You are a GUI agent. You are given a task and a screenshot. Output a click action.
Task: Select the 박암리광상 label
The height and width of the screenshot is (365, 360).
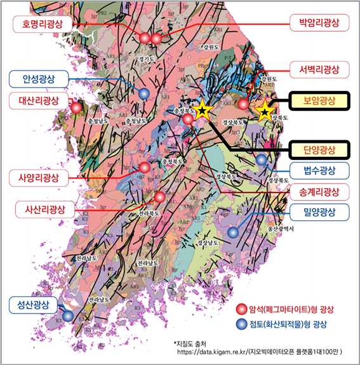coord(319,23)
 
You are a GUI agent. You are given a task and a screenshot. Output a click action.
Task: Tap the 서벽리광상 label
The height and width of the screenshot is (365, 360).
coord(319,69)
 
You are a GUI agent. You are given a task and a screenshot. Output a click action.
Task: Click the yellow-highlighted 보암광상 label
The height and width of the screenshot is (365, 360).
coord(319,100)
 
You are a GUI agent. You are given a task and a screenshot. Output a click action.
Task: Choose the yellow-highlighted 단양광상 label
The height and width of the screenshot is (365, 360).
coord(319,150)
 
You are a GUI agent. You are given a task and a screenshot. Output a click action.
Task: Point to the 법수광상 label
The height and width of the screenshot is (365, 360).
coord(319,170)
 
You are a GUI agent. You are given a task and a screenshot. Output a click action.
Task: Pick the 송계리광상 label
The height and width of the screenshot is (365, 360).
coord(319,191)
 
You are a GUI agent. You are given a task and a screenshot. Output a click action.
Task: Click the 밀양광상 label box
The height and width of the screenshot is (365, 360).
coord(319,211)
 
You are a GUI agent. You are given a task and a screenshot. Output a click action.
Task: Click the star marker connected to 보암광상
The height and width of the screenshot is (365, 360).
coord(263,112)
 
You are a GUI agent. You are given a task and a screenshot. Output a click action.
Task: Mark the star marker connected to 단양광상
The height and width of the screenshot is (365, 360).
coord(202,110)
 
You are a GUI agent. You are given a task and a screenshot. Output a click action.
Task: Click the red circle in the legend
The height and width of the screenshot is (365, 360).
coord(241,309)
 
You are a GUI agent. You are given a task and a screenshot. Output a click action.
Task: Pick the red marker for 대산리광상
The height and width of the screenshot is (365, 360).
coord(77,108)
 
